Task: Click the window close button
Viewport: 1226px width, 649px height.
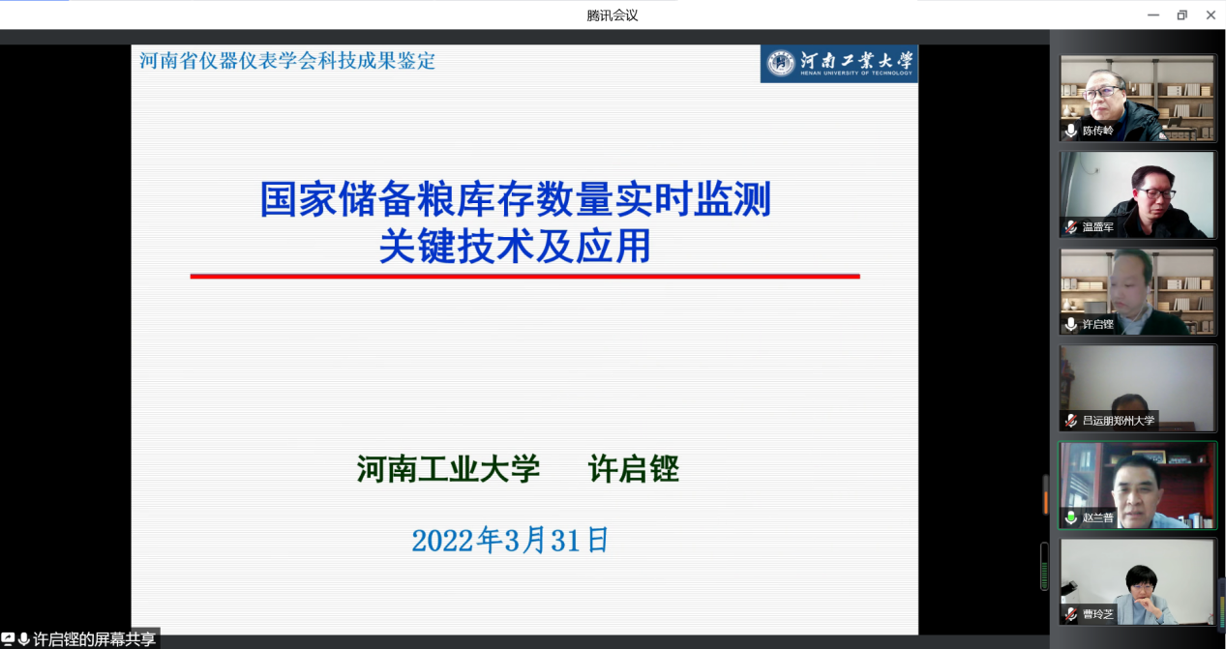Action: coord(1211,15)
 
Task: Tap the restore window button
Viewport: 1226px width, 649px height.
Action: coord(1181,15)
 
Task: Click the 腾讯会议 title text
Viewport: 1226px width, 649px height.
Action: coord(613,15)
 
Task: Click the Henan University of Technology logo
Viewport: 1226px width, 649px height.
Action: coord(839,64)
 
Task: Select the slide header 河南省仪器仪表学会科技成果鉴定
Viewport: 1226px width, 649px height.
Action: coord(287,61)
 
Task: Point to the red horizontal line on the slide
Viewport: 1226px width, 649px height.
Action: coord(524,277)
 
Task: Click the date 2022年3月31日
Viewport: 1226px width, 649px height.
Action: coord(510,540)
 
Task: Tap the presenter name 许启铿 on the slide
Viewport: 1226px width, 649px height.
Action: coord(634,469)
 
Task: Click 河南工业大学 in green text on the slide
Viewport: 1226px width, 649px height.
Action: coord(448,469)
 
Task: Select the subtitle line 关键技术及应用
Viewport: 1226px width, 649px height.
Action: coord(515,247)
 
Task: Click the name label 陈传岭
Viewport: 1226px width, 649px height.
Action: coord(1098,131)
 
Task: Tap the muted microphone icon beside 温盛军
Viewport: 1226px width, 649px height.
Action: coord(1071,226)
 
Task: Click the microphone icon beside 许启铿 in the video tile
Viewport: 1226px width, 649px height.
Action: coord(1071,324)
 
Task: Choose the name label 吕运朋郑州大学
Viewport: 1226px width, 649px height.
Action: coord(1119,421)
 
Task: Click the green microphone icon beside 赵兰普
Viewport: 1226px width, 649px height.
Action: coord(1071,517)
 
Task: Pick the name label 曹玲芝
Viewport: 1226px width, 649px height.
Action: coord(1098,614)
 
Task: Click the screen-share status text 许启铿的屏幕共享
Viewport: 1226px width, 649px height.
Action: coord(94,639)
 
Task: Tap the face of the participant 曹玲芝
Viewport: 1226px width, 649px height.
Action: coord(1142,588)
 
